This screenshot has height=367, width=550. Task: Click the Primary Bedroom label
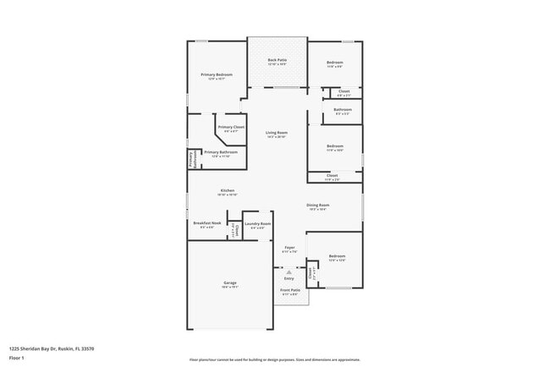[217, 74]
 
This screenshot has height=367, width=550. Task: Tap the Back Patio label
[277, 60]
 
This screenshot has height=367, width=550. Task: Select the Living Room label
[277, 133]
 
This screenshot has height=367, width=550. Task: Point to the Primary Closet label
[231, 127]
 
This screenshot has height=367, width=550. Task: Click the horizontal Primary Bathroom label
[220, 152]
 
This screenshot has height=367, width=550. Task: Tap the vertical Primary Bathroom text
[191, 159]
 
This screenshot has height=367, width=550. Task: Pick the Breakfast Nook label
[206, 223]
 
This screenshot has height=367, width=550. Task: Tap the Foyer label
[289, 247]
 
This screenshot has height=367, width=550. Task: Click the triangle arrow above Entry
[289, 272]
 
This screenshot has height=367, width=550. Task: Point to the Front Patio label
[290, 290]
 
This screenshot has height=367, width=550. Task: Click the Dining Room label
[317, 205]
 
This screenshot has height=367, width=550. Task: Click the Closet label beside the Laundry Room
[237, 229]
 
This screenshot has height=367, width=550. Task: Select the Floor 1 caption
[17, 358]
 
